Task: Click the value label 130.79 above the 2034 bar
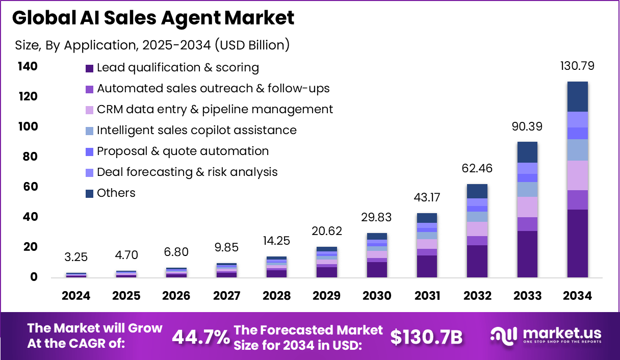577,66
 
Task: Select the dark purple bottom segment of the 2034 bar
577,243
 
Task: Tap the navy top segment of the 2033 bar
527,152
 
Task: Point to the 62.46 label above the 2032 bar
477,169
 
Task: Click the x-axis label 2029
327,296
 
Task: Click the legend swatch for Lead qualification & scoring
90,68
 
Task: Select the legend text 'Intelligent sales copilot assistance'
196,130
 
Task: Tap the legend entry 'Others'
116,193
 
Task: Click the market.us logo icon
503,335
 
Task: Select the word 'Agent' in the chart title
191,18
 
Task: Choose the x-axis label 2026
176,296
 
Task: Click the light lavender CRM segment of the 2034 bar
577,175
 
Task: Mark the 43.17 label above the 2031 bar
427,197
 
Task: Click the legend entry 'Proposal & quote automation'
183,151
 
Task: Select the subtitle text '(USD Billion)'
252,45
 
